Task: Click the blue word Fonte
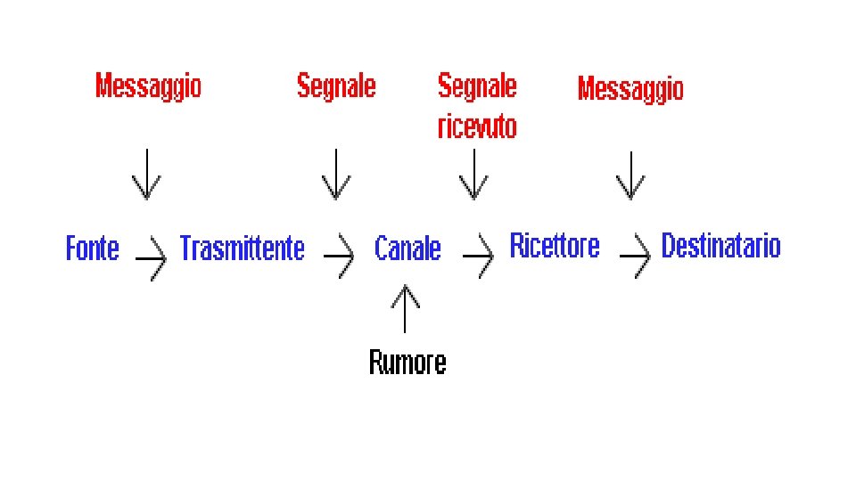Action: [x=92, y=248]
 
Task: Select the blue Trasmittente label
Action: [x=242, y=248]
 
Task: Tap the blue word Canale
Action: [x=407, y=248]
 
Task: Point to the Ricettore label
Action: [x=554, y=245]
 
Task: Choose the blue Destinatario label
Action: [x=720, y=245]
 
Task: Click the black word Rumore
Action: [x=407, y=362]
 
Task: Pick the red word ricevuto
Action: [x=476, y=127]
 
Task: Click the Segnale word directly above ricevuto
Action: [x=476, y=86]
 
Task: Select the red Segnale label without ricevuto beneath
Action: [x=336, y=86]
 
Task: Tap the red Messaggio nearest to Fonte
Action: [x=148, y=86]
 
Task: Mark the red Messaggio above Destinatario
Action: [x=630, y=88]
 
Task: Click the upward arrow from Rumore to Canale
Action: [x=406, y=308]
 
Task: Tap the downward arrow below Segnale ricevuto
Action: [x=473, y=175]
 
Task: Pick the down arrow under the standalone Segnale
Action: [x=336, y=175]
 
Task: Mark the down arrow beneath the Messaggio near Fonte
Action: [x=147, y=175]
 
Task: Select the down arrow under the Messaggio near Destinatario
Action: [x=630, y=175]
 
